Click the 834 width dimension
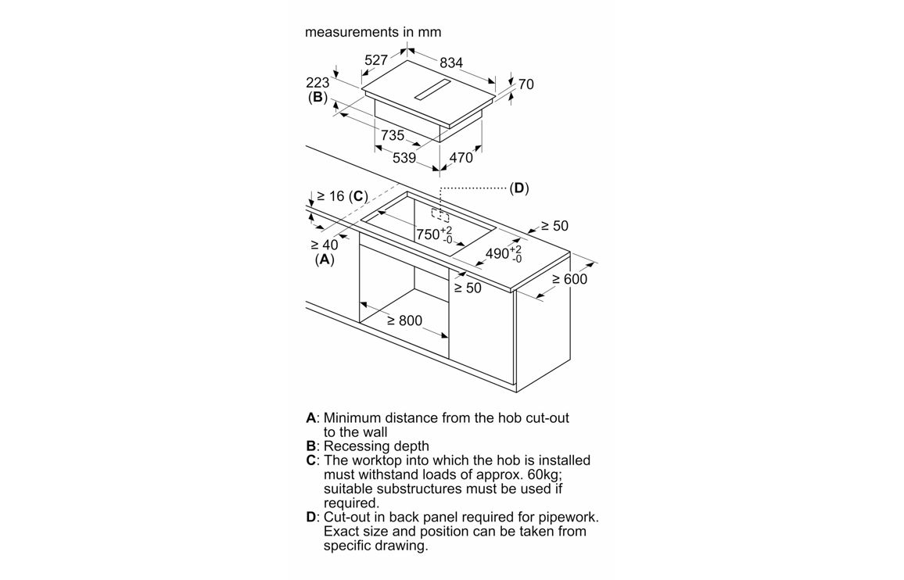[x=450, y=63]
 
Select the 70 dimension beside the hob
[x=526, y=84]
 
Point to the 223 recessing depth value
[x=317, y=83]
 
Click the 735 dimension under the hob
[x=393, y=136]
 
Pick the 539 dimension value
[x=404, y=158]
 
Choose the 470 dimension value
[x=461, y=158]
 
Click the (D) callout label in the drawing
[x=519, y=188]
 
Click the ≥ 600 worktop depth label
[x=569, y=279]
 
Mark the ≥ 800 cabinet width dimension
[x=404, y=320]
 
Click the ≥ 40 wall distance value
[x=325, y=245]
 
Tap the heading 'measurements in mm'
[x=373, y=32]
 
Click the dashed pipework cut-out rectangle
[x=440, y=214]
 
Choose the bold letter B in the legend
[x=310, y=446]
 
